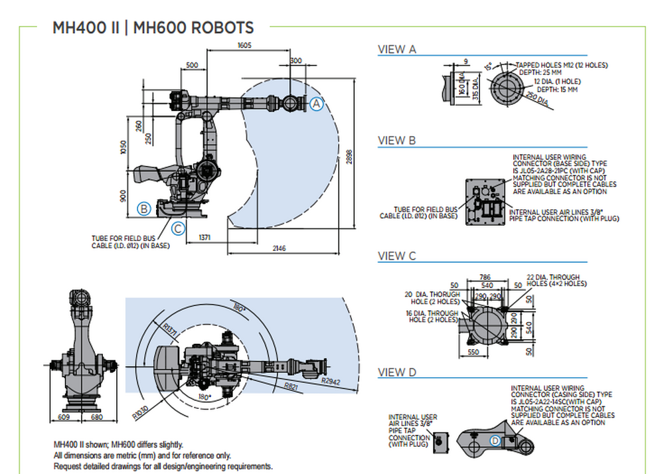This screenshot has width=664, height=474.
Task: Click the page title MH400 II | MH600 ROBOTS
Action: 153,28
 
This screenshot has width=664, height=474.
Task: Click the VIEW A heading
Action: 397,49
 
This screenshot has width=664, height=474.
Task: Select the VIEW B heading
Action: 397,141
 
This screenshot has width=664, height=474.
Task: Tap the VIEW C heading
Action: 397,256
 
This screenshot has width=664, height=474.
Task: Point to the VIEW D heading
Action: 397,372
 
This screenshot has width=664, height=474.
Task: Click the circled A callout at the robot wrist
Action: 317,104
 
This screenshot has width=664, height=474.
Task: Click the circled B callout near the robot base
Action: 143,209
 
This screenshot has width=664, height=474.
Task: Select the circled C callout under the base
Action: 178,229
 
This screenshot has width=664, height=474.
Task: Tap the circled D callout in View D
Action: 495,441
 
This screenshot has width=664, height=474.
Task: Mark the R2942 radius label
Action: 330,381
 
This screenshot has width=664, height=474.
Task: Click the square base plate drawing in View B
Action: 485,201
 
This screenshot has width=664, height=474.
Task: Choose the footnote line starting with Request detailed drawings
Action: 163,466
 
